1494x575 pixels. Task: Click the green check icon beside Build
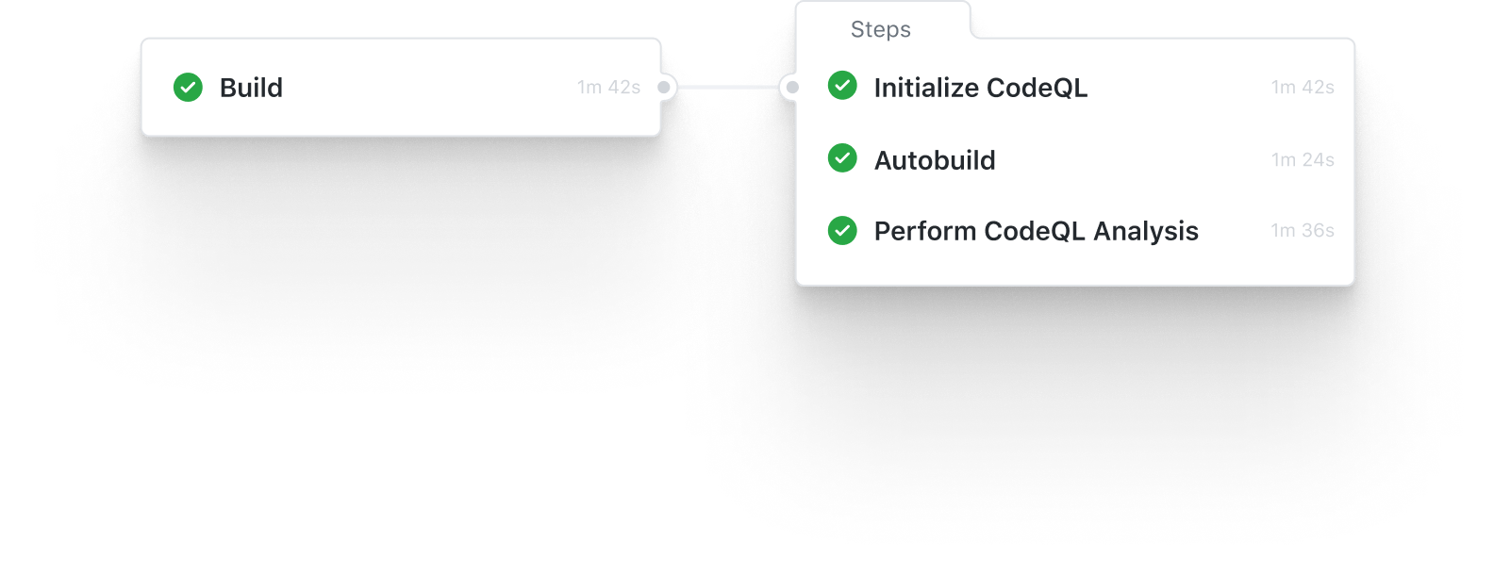188,88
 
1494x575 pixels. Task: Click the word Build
251,88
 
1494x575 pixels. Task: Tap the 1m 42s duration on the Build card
608,88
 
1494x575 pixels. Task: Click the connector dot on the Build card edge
664,88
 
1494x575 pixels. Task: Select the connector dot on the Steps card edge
792,88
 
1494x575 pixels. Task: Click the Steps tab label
880,29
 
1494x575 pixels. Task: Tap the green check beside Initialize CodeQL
842,86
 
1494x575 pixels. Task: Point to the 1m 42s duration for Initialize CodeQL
1303,88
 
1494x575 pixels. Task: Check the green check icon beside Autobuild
842,158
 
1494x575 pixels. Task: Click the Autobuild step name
935,160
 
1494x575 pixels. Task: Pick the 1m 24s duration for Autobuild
1303,160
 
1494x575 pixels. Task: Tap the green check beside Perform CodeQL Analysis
842,230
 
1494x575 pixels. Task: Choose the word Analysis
1145,231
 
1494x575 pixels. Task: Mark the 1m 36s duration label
1303,231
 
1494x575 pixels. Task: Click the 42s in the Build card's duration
623,88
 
